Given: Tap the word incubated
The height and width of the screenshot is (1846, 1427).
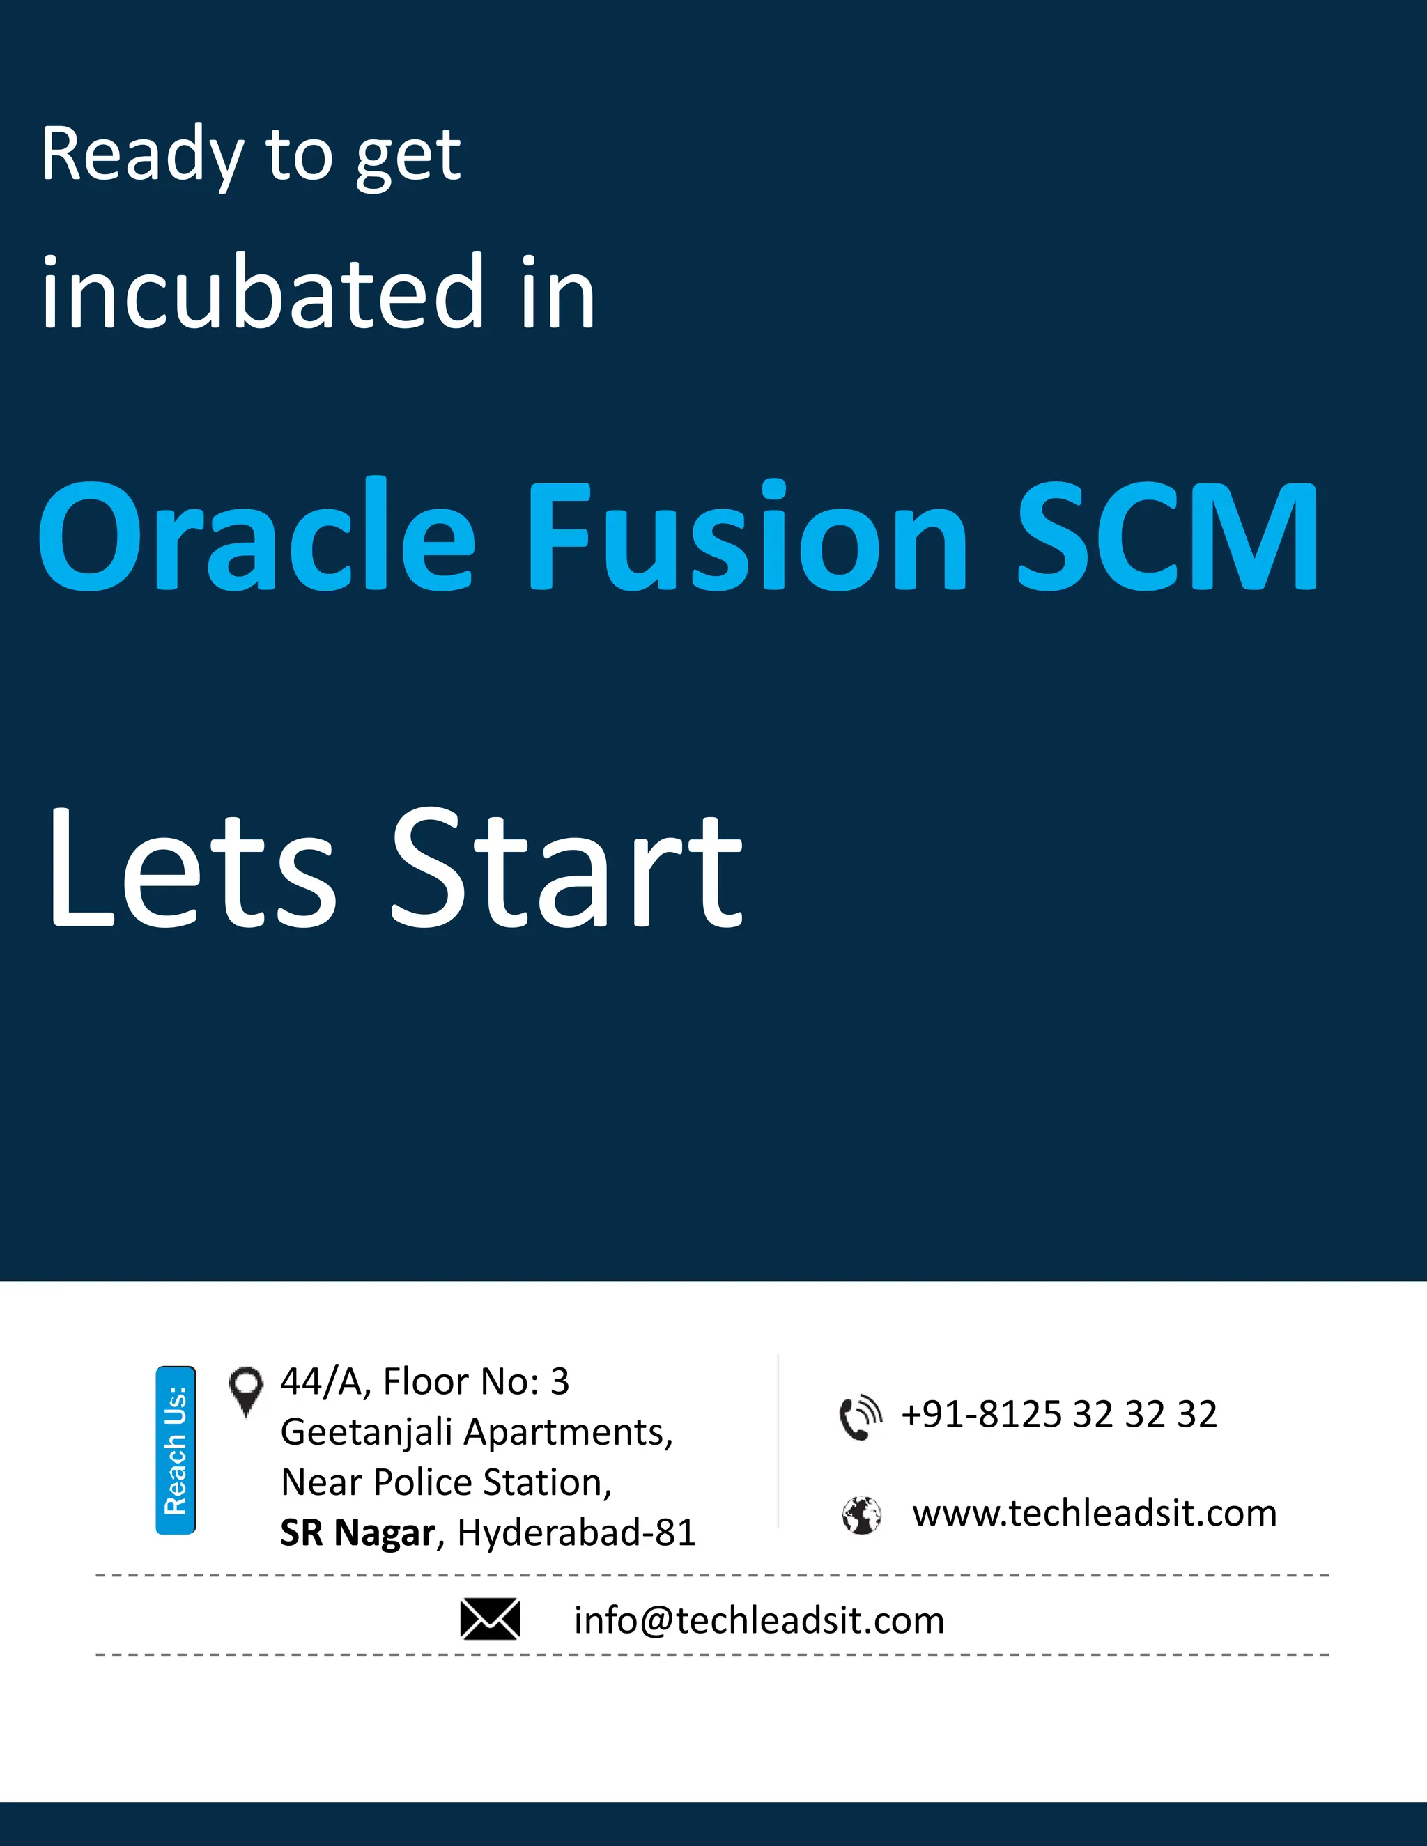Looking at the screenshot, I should [x=262, y=293].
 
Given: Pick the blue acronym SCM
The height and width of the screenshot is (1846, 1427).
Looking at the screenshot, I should [x=1166, y=536].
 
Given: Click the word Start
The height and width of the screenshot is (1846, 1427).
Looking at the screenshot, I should [x=566, y=869].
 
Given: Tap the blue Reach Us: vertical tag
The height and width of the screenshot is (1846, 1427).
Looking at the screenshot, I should [x=176, y=1450].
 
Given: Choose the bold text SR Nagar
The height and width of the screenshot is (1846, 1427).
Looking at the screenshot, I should [x=357, y=1533].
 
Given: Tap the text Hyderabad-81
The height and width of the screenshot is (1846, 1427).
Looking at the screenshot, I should [x=576, y=1533].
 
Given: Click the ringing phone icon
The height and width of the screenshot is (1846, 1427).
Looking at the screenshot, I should [x=860, y=1418].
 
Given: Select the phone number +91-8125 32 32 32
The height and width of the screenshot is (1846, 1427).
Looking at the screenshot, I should [x=1058, y=1415].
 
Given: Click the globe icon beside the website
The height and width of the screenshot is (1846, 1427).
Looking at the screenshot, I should [x=861, y=1514].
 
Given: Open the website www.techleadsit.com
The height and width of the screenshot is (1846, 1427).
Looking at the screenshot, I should [x=1094, y=1513].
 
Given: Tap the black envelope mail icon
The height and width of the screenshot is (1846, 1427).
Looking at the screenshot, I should [x=489, y=1620].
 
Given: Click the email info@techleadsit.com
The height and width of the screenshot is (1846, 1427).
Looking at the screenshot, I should [x=758, y=1620].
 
